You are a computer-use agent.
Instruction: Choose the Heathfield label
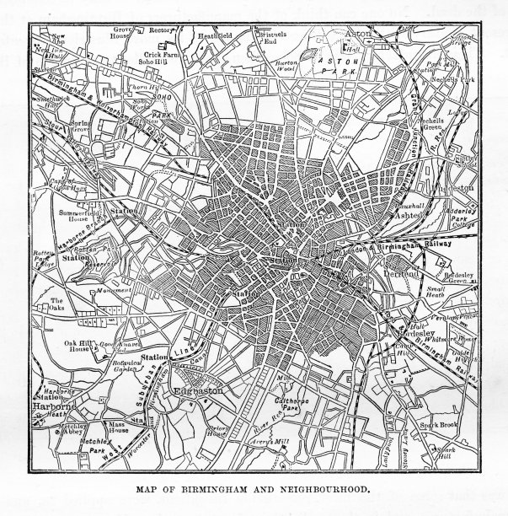coord(213,37)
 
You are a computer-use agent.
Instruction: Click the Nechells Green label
coord(436,126)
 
